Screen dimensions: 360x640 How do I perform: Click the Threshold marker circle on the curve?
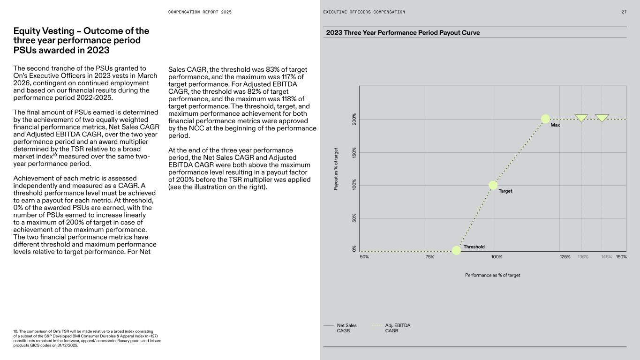click(x=456, y=250)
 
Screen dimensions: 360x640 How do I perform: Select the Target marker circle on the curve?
click(x=493, y=185)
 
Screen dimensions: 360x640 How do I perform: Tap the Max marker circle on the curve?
click(x=545, y=119)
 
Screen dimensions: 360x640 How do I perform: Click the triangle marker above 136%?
click(x=582, y=118)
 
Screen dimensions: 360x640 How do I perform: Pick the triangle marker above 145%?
click(x=602, y=118)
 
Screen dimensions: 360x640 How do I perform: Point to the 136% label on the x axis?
click(x=583, y=257)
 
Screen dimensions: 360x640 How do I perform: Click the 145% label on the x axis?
click(x=606, y=257)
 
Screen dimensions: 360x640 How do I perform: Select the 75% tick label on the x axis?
click(x=430, y=257)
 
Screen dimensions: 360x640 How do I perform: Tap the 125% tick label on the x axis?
click(x=565, y=257)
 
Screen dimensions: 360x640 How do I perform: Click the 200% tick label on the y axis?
click(x=354, y=119)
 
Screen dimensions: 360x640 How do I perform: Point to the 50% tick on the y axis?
click(x=354, y=218)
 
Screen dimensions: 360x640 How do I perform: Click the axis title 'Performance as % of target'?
click(x=492, y=275)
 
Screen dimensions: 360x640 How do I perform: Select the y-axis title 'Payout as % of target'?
click(x=336, y=169)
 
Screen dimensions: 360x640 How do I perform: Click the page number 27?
click(x=624, y=12)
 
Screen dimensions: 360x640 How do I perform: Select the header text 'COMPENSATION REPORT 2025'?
click(x=200, y=12)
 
